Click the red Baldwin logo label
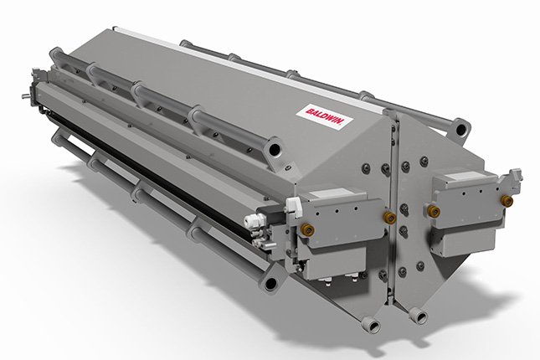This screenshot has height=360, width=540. pyautogui.click(x=325, y=116)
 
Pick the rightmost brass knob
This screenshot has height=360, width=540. pyautogui.click(x=507, y=200)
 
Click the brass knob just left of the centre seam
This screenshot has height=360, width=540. pyautogui.click(x=389, y=216)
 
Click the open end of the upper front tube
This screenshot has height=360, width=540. pyautogui.click(x=275, y=149)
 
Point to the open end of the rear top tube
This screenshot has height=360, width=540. pyautogui.click(x=460, y=129)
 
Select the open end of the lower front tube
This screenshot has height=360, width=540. pyautogui.click(x=271, y=284)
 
